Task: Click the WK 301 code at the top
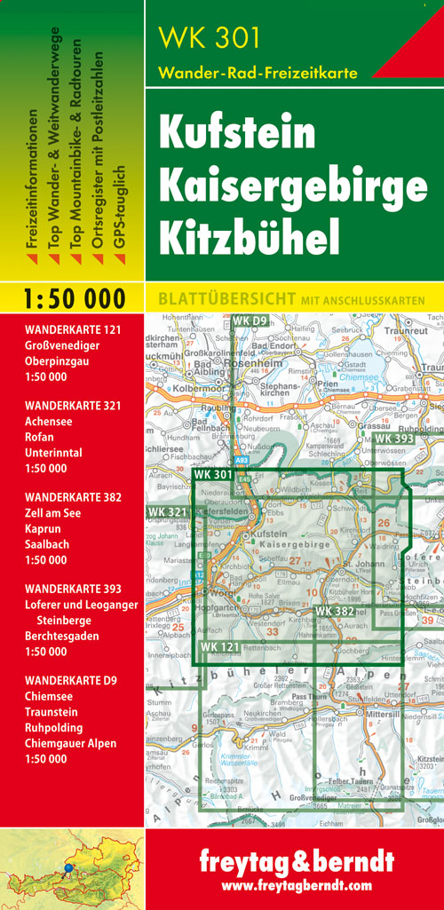coord(209,37)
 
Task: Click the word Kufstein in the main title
coord(237,133)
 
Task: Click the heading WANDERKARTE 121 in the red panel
coord(73,330)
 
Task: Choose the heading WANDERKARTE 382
coord(73,497)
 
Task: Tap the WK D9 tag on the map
coord(250,320)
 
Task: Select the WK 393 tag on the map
coord(393,439)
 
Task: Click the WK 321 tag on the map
coord(167,512)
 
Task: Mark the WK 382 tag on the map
coord(334,611)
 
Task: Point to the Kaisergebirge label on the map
coord(293,543)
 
